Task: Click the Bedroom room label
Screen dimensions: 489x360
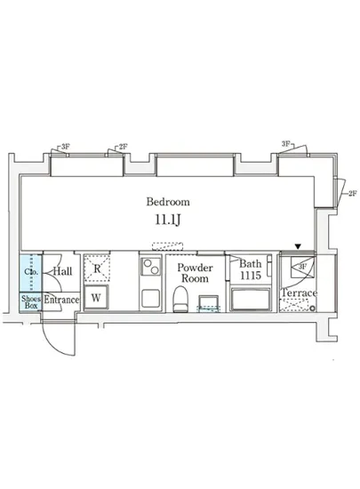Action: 167,202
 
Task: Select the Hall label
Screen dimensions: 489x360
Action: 61,272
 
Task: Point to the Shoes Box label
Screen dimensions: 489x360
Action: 31,301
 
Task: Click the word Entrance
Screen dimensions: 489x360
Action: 62,301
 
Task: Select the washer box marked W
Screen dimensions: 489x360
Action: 95,297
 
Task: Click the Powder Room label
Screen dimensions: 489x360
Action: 194,273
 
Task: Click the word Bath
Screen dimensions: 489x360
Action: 251,264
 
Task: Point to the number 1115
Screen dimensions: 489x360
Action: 251,277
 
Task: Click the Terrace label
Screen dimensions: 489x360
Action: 299,293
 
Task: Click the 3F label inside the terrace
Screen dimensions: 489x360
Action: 302,266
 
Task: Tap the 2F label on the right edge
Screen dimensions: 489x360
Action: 353,193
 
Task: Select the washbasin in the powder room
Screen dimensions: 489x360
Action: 208,308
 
